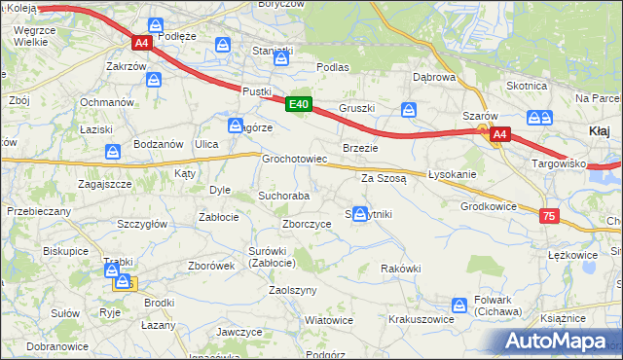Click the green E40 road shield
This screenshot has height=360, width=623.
click(x=299, y=104)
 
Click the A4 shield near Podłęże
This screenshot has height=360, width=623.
click(x=142, y=43)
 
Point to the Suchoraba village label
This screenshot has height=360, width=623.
click(x=283, y=196)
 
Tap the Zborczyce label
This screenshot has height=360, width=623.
click(x=307, y=223)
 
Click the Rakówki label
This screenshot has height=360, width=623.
click(x=401, y=269)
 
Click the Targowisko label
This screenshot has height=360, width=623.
click(x=558, y=163)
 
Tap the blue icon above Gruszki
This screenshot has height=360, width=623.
click(x=410, y=109)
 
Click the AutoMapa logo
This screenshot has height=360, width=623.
click(x=559, y=341)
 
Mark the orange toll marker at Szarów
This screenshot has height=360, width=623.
click(x=482, y=128)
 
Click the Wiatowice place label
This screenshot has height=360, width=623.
click(x=328, y=319)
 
